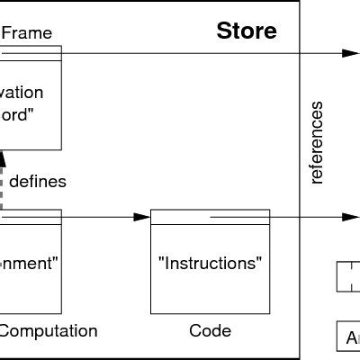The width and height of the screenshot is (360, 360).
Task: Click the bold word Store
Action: pyautogui.click(x=247, y=33)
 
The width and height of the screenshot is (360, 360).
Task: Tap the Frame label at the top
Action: pyautogui.click(x=27, y=33)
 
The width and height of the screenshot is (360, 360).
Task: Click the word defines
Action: pyautogui.click(x=38, y=181)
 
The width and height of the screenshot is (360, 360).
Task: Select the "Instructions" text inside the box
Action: pyautogui.click(x=210, y=264)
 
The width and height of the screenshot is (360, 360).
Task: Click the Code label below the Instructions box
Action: pyautogui.click(x=210, y=330)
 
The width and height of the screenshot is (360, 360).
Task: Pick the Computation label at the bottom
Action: pyautogui.click(x=47, y=330)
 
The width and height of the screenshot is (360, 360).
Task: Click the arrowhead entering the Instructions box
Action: pyautogui.click(x=141, y=217)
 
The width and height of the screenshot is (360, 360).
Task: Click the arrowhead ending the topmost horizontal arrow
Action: pyautogui.click(x=350, y=52)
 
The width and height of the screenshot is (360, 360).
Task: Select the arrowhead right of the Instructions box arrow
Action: pyautogui.click(x=350, y=217)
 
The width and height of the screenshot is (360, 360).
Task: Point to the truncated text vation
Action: pyautogui.click(x=22, y=93)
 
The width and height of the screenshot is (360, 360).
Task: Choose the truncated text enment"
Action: pyautogui.click(x=29, y=264)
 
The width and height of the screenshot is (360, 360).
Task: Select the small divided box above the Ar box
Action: pyautogui.click(x=349, y=276)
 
